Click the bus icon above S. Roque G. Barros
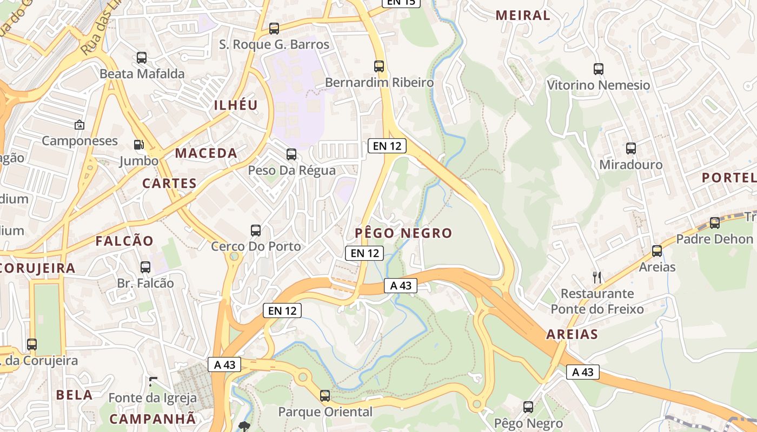coord(274,29)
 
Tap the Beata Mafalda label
coord(142,73)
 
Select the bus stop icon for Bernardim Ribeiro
coord(379,66)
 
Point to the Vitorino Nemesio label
coord(598,85)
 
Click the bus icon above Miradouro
coord(630,148)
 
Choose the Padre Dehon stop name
coord(714,239)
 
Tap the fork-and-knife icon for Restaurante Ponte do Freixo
coord(597,278)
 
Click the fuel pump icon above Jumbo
coord(139,145)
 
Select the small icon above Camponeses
coord(79,125)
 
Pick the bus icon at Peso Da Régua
coord(291,154)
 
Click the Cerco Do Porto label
coord(256,246)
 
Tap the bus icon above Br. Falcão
coord(145,267)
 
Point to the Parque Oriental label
coord(325,411)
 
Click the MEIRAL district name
coord(522,16)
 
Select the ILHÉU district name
coord(236,105)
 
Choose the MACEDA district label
coord(206,153)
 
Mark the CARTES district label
coord(169,184)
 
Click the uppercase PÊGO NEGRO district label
coord(403,233)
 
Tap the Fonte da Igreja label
coord(152,398)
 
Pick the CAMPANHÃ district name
coord(152,418)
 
